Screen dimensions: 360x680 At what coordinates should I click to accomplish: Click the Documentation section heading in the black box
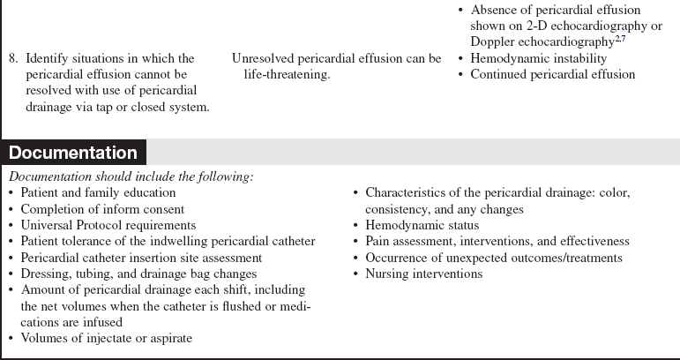point(73,153)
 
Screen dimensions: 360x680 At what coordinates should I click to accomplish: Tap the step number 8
point(13,59)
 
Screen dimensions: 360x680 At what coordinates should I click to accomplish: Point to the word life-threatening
point(288,75)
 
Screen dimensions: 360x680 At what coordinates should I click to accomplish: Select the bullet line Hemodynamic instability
point(538,59)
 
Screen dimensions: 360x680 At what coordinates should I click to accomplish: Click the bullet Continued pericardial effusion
point(552,75)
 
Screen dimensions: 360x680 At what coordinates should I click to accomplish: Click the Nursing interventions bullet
point(423,274)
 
